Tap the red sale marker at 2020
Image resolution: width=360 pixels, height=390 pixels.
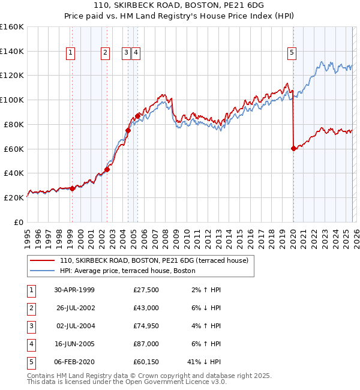pos(293,148)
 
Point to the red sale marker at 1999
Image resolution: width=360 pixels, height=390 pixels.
pos(73,188)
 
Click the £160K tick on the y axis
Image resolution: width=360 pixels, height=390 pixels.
pos(12,27)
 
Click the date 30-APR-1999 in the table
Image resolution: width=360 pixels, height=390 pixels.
pos(74,290)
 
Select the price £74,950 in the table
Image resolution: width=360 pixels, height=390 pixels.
pos(146,326)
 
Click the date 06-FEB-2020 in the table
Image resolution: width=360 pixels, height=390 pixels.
pos(74,362)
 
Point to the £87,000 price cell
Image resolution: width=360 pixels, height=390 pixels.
pos(146,344)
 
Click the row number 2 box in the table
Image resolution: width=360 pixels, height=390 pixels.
pos(31,308)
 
